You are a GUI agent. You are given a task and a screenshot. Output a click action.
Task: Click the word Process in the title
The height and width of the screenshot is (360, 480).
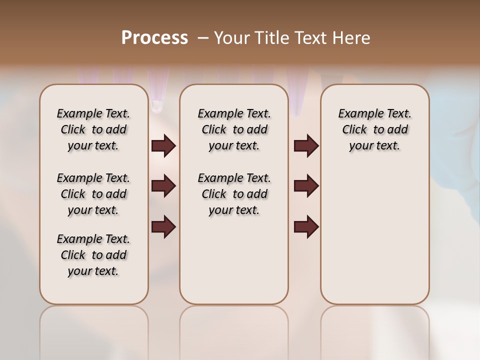point(154,38)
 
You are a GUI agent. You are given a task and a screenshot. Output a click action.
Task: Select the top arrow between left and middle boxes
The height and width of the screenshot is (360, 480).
point(163,146)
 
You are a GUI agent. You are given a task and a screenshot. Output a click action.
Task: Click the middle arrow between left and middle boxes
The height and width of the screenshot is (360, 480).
point(163,186)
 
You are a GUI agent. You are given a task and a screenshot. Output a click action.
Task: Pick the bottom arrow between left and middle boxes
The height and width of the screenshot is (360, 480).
point(163,227)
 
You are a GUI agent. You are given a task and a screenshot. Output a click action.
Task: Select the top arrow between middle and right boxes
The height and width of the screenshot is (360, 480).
point(306,146)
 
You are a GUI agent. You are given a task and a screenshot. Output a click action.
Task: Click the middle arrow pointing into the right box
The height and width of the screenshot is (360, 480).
point(306,186)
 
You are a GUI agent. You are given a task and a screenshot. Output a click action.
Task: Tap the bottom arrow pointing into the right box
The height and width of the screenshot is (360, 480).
point(306,227)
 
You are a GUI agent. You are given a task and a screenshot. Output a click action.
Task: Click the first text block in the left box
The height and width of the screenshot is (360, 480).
point(93,129)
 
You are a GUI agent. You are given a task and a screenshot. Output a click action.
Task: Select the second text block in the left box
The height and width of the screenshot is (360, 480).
point(93,194)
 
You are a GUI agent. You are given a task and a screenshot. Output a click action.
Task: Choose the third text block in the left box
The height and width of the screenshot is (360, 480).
point(93,255)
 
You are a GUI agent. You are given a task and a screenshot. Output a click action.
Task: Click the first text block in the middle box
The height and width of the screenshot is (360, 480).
point(234,129)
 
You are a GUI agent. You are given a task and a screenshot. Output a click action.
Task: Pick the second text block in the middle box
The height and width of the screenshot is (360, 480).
point(234,194)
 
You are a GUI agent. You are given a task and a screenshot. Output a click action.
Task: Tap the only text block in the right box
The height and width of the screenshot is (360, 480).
point(374,129)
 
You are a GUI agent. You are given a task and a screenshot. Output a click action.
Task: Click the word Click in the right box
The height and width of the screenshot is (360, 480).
point(354,129)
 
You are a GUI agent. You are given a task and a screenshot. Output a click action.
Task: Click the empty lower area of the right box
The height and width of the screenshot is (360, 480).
point(374,235)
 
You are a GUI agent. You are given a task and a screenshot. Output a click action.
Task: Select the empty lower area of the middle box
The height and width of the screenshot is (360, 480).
point(234,260)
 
